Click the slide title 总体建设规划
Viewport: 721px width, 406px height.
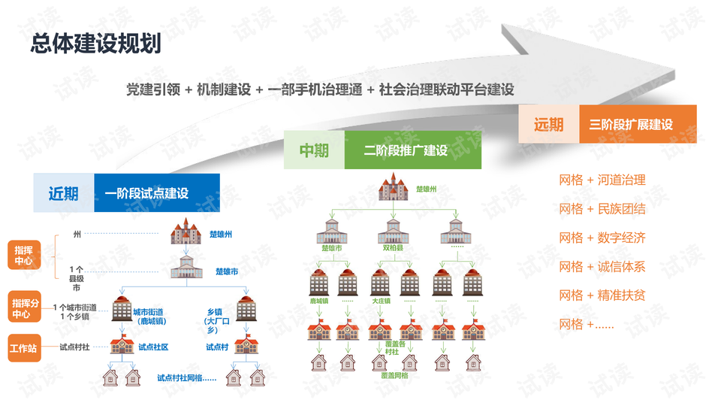click(95, 44)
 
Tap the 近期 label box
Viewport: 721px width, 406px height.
click(64, 193)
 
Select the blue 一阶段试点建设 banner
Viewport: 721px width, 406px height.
click(157, 193)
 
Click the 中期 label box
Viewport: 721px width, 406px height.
click(314, 150)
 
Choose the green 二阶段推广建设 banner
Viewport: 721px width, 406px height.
click(412, 150)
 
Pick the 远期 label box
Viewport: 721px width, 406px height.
click(548, 124)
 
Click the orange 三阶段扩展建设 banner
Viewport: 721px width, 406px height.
click(638, 124)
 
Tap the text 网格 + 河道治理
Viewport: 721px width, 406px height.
click(602, 180)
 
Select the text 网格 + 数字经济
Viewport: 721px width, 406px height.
click(602, 238)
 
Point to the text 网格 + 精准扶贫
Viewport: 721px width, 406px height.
click(602, 295)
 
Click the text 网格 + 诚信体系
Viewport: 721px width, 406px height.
click(602, 267)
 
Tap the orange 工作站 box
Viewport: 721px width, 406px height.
click(24, 348)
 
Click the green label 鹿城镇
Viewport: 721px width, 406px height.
click(321, 300)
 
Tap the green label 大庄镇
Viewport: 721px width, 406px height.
click(382, 300)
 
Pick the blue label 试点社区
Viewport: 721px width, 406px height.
click(153, 347)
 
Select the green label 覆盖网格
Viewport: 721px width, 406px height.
click(394, 374)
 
